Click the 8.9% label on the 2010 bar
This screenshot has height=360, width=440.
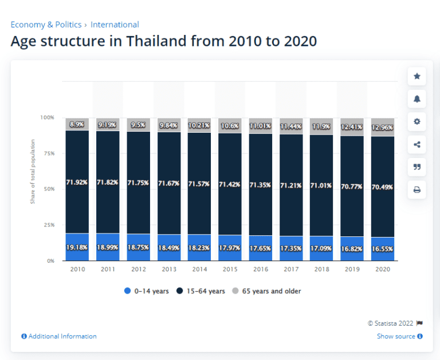click(77, 124)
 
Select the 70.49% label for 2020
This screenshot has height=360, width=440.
click(382, 187)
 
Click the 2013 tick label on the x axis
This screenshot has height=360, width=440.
click(168, 268)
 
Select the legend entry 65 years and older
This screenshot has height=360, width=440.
click(266, 291)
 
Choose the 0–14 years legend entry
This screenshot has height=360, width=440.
click(146, 291)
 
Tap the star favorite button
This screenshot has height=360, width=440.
click(417, 76)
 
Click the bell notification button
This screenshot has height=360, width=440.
click(417, 99)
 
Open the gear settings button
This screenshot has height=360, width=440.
click(417, 121)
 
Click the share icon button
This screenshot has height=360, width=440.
click(417, 144)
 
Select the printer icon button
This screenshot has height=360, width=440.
click(417, 190)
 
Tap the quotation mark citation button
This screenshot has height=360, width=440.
click(417, 167)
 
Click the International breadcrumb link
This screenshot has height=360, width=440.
click(115, 25)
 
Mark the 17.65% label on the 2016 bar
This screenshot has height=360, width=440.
click(260, 249)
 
